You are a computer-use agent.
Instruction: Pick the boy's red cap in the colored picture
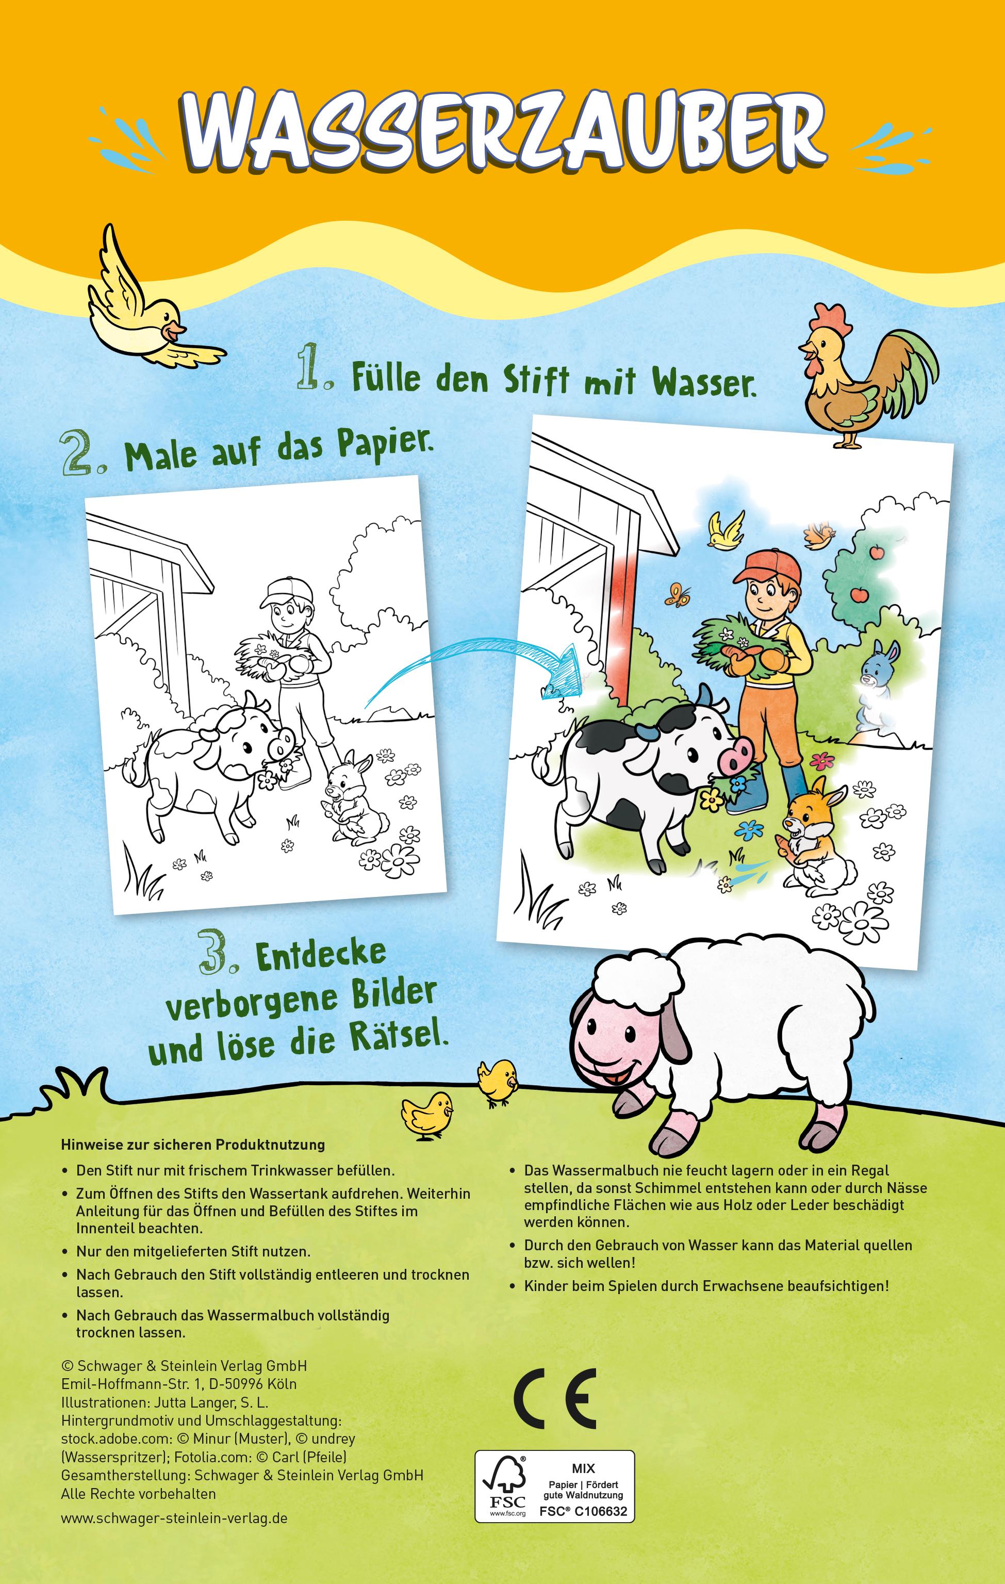[766, 565]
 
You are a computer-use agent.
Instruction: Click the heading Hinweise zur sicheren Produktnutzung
[193, 1144]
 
